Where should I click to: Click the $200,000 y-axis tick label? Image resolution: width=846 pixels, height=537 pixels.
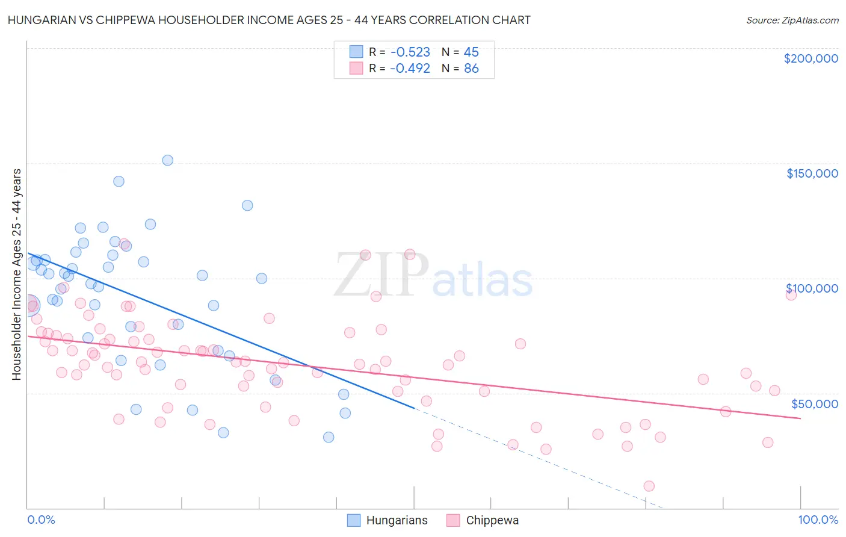point(810,58)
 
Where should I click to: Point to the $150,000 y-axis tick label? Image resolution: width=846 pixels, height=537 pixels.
point(812,173)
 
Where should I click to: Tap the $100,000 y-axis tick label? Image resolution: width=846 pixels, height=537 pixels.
point(812,288)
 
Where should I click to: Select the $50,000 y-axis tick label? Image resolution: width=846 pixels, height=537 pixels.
point(814,403)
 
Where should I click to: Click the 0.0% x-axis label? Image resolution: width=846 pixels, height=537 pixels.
point(41,520)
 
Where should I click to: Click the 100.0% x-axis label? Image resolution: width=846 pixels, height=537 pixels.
point(818,520)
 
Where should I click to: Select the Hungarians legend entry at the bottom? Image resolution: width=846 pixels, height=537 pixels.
point(388,520)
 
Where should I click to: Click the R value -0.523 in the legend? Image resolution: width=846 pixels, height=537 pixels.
point(410,52)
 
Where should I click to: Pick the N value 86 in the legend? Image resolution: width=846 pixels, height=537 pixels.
point(471,69)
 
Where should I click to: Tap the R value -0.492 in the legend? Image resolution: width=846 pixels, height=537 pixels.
point(410,69)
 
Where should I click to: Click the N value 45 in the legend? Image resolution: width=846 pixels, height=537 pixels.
point(471,52)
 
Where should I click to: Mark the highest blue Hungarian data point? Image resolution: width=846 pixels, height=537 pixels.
point(168,160)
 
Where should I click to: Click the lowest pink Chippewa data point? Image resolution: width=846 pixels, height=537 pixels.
point(649,486)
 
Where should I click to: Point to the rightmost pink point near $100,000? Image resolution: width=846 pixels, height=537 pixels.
point(791,294)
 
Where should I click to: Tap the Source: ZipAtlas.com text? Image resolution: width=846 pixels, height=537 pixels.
point(792,20)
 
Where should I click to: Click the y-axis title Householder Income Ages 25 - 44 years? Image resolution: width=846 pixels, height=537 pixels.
point(17,275)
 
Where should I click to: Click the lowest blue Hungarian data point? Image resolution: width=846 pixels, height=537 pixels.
point(329,437)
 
